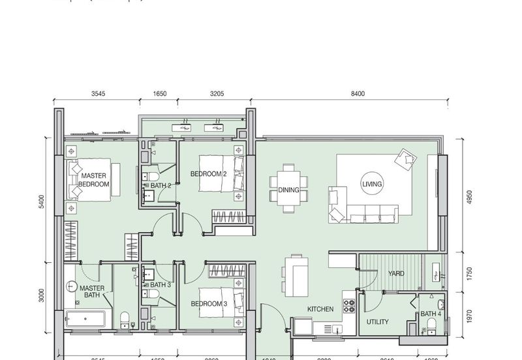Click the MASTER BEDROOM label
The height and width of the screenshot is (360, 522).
(95, 180)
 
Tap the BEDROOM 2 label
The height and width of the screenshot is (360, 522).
(208, 174)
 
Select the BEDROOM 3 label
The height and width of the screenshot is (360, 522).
(209, 304)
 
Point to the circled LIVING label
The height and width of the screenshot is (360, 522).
(372, 185)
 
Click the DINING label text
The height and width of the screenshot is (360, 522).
(288, 190)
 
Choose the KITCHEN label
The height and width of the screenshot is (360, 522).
(320, 309)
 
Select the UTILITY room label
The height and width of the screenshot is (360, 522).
(378, 322)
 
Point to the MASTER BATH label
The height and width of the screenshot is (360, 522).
(92, 292)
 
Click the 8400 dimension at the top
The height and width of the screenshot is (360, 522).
(358, 94)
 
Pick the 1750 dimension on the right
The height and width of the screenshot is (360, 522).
(467, 273)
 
